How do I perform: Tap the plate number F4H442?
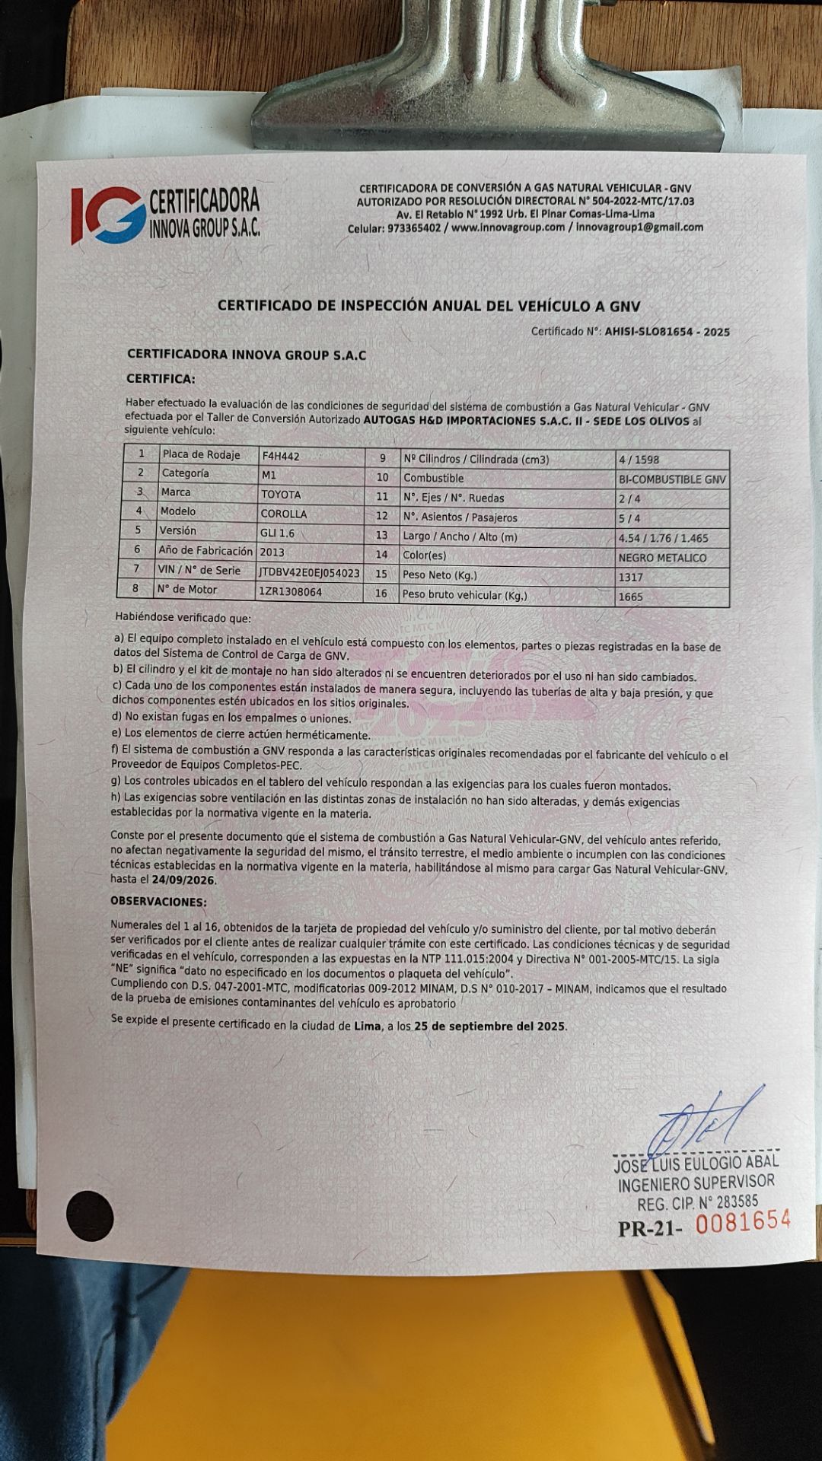(x=281, y=457)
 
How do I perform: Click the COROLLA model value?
(x=284, y=514)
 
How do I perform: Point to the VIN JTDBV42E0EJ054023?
(x=309, y=572)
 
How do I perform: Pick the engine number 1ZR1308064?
(x=290, y=591)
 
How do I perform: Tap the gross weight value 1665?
(x=630, y=597)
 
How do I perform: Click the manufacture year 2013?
(x=272, y=552)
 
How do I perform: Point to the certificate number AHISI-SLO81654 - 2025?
(x=667, y=332)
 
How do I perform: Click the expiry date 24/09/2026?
(x=183, y=880)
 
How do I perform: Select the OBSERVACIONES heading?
(x=158, y=902)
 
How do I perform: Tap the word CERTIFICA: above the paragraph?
(x=161, y=378)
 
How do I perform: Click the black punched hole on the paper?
(x=90, y=1216)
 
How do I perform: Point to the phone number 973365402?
(x=413, y=228)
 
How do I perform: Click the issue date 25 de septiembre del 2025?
(x=489, y=1027)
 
